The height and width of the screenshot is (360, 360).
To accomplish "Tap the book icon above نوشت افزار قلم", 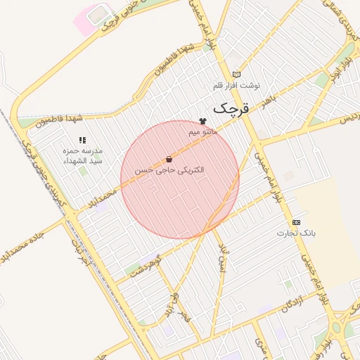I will (x=236, y=74).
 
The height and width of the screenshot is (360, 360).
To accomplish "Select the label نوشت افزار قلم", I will (x=236, y=85).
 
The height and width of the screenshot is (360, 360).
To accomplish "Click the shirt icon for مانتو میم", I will (x=203, y=121).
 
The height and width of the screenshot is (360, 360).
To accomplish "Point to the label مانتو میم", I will (x=203, y=131).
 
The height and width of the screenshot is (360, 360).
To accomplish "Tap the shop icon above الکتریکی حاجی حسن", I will (x=169, y=160).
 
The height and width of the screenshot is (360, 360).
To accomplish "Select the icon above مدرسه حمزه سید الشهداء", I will (x=82, y=141).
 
